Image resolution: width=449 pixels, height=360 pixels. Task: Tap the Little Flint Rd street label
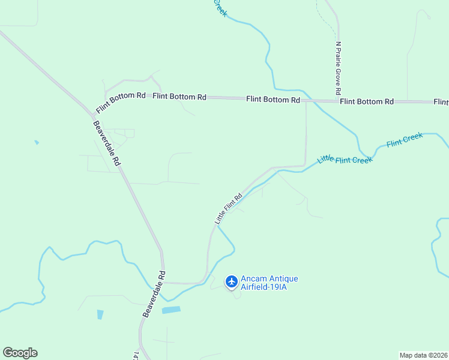[x=228, y=209]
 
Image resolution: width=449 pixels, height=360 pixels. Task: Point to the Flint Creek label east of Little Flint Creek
[x=405, y=140]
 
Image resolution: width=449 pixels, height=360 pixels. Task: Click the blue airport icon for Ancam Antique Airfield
[x=232, y=281]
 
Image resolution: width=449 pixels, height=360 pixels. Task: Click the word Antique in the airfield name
[x=282, y=278]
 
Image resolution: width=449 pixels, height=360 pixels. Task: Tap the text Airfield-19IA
[x=265, y=287]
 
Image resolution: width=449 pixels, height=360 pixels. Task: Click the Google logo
[x=20, y=353]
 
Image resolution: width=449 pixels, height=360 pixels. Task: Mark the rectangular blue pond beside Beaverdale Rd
[x=170, y=310]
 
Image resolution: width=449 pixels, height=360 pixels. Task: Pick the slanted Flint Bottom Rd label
[x=120, y=102]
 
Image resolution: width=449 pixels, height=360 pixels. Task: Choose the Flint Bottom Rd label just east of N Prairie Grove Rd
[x=367, y=101]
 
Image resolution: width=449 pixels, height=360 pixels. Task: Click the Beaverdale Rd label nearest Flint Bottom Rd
[x=107, y=144]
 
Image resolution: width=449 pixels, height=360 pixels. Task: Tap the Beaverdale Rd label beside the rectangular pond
[x=154, y=294]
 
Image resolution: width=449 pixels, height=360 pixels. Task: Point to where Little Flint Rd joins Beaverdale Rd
[x=163, y=282]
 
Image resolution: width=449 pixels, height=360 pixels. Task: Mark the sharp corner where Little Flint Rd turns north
[x=306, y=164]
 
